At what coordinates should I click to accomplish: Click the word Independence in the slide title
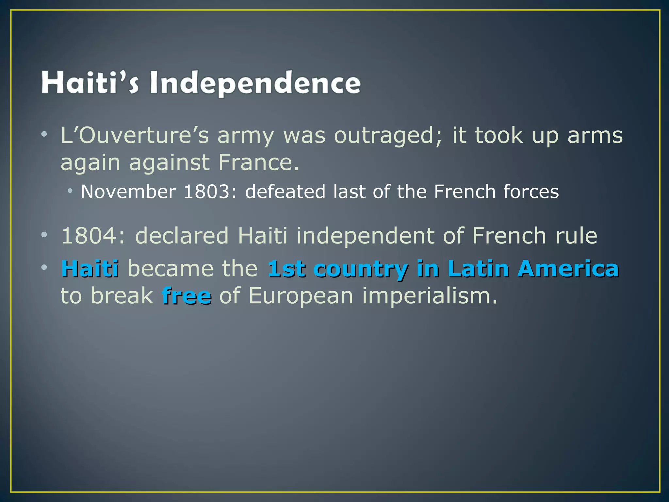255,83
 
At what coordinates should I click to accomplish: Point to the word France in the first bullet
258,162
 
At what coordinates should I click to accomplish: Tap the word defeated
285,192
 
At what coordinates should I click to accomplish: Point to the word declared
182,236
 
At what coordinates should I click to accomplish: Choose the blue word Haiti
90,269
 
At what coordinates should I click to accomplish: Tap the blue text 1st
286,269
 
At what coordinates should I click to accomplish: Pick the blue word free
187,296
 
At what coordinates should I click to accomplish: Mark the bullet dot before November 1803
70,190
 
